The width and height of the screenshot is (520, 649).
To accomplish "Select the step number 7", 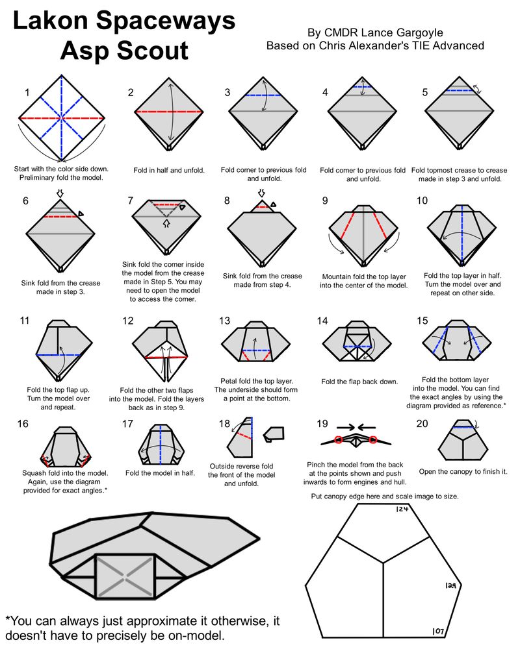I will coord(131,201).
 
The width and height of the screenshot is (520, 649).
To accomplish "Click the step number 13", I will coord(226,321).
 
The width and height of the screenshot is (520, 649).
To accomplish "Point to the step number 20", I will coord(422,424).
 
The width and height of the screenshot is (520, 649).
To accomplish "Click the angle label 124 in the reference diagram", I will coord(402,509).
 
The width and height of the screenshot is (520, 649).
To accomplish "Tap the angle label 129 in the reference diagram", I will coord(453,585).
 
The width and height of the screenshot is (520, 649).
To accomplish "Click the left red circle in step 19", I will coord(340,441).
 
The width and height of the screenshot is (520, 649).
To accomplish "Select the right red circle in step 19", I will coord(373,441).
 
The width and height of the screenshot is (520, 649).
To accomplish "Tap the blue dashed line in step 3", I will coord(264,95).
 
